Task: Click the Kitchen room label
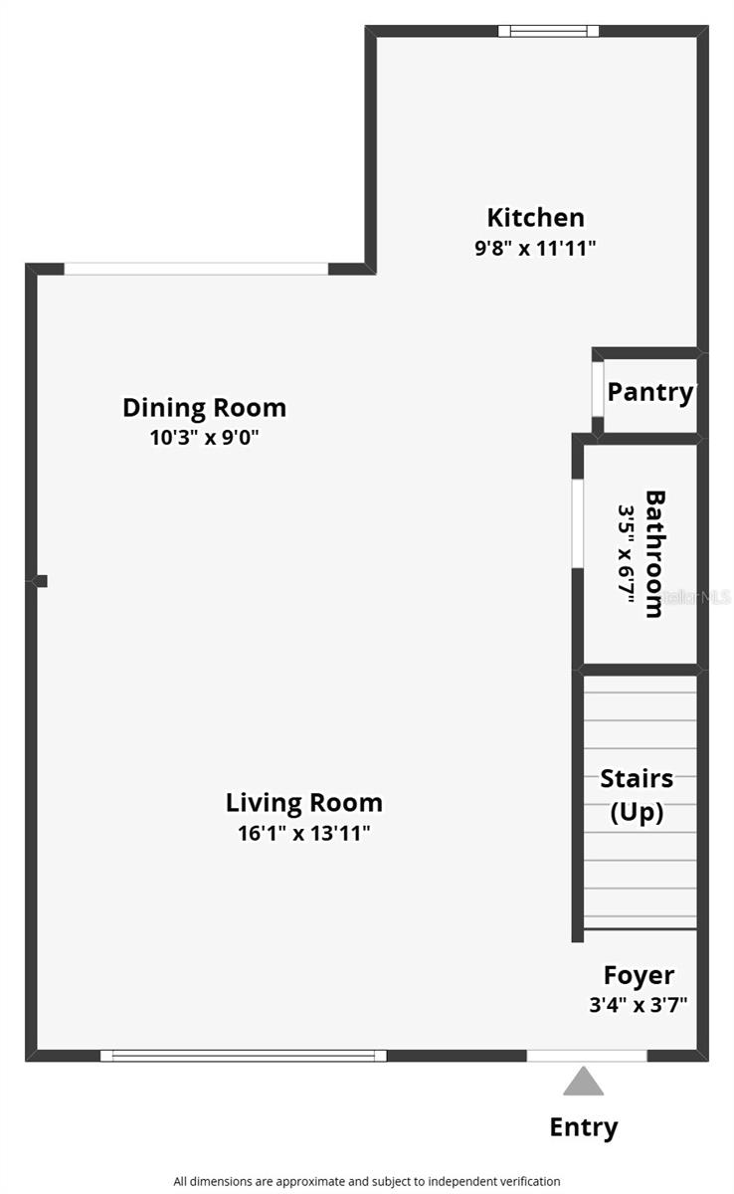coord(535,217)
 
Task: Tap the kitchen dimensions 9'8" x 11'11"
coord(535,248)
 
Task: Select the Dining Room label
coord(204,407)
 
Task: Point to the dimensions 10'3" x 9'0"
coord(204,437)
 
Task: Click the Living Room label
coord(303,802)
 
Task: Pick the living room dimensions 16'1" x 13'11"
coord(303,833)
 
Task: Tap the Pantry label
coord(650,391)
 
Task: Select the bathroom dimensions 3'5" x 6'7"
coord(627,553)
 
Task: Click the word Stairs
coord(637,778)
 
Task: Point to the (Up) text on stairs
coord(637,812)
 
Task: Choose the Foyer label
coord(639,975)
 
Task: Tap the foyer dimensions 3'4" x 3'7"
coord(638,1004)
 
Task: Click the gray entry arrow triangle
coord(583,1082)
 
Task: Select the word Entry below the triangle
coord(584,1127)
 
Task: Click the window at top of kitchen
coord(548,31)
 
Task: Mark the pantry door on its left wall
coord(598,391)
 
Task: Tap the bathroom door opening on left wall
coord(578,524)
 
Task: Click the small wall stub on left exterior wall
coord(41,581)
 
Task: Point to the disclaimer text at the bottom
coord(366,1181)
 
